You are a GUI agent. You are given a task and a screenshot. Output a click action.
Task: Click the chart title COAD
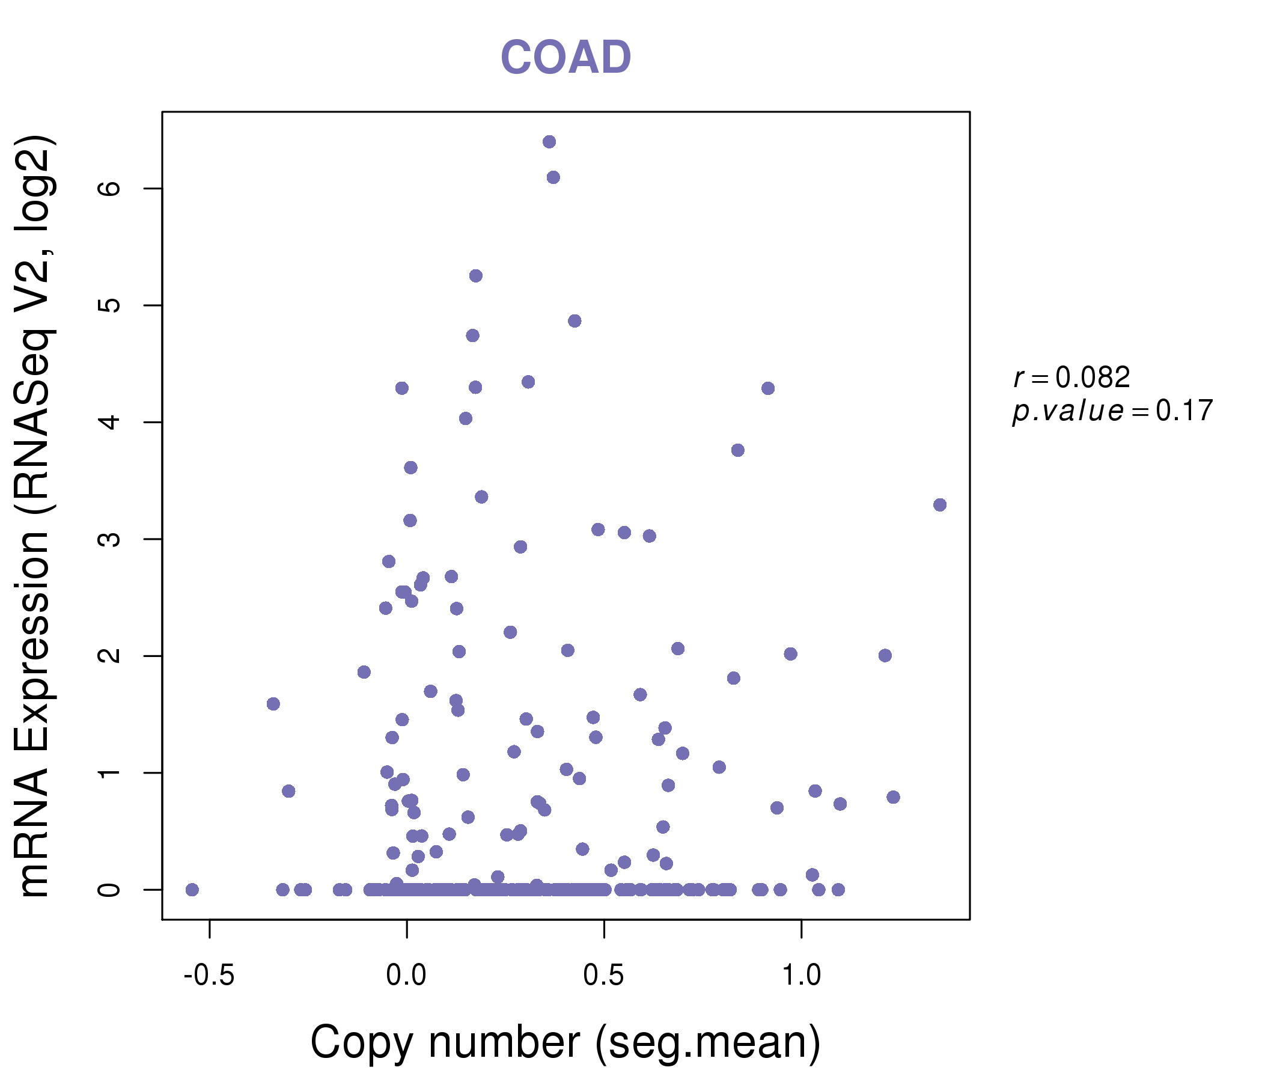tap(565, 57)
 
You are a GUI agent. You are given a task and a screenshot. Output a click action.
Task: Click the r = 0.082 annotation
tap(1071, 377)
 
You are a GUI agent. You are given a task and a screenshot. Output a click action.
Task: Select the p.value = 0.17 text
tap(1112, 411)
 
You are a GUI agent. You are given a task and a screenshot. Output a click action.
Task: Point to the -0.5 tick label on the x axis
tap(209, 976)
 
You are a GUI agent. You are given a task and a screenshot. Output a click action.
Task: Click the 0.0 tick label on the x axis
tap(406, 976)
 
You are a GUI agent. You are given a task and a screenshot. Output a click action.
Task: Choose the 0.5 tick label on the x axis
tap(603, 976)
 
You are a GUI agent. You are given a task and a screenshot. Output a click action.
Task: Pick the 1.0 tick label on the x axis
tap(801, 976)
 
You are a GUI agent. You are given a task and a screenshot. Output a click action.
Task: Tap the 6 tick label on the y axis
tap(109, 188)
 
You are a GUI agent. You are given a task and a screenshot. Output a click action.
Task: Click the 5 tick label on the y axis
tap(109, 305)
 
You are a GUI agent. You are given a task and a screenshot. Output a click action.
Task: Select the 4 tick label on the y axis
tap(109, 422)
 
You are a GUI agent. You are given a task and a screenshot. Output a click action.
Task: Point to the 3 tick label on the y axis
tap(109, 539)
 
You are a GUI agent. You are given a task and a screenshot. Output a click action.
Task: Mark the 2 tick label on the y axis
tap(109, 656)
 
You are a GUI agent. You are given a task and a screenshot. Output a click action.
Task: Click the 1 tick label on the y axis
tap(109, 773)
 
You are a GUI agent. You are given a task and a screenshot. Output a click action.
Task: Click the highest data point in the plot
tap(549, 142)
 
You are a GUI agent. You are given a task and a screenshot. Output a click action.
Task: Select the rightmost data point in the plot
tap(939, 505)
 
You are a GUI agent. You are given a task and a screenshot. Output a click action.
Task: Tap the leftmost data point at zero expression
tap(192, 890)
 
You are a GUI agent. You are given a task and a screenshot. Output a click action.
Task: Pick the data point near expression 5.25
tap(476, 276)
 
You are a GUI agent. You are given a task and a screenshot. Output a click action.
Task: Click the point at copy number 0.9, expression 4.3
tap(767, 389)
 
